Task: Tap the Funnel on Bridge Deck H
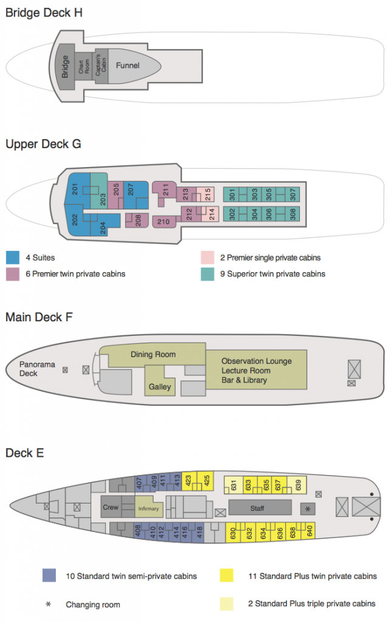(x=127, y=66)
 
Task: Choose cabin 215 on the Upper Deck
(x=208, y=194)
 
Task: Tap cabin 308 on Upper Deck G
(x=293, y=214)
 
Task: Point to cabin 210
(x=163, y=222)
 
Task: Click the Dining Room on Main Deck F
(x=153, y=354)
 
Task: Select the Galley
(x=160, y=386)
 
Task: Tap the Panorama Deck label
(x=36, y=369)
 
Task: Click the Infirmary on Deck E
(x=148, y=508)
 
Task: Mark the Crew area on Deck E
(x=110, y=507)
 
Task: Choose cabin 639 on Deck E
(x=298, y=485)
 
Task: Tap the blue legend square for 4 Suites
(x=12, y=258)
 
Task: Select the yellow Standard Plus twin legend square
(x=226, y=575)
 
